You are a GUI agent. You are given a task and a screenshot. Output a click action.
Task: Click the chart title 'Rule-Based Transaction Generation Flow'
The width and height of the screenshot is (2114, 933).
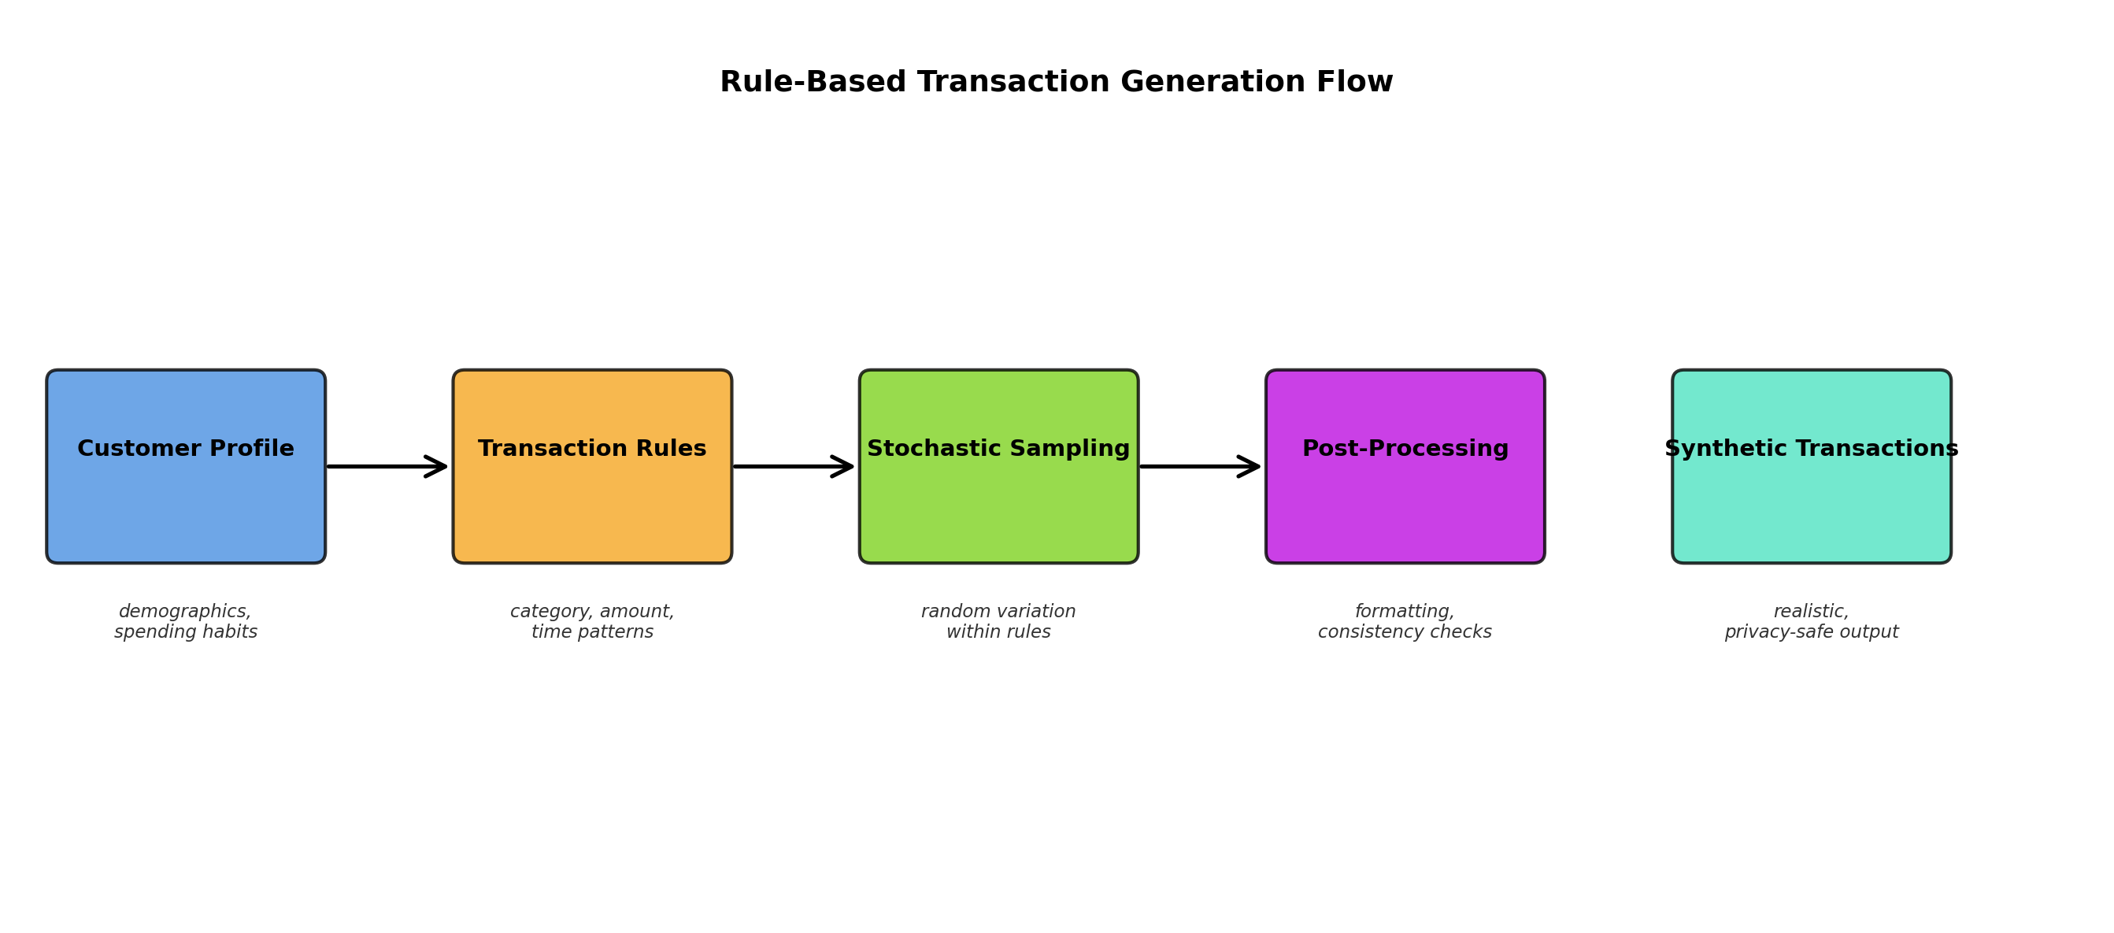point(1056,82)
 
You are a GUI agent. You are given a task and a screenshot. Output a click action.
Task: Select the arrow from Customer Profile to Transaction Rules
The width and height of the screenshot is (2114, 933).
point(386,466)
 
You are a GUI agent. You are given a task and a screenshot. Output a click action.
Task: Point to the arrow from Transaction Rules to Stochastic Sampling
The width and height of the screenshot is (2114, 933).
point(792,466)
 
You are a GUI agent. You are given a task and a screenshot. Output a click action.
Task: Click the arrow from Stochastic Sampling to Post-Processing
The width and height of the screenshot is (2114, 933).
point(1198,466)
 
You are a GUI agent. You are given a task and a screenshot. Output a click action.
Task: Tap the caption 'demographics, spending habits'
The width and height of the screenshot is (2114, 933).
point(186,621)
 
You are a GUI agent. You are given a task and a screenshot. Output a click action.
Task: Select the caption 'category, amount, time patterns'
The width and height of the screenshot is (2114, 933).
point(592,621)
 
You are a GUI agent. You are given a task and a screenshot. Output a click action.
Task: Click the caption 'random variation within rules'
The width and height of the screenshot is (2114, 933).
point(998,621)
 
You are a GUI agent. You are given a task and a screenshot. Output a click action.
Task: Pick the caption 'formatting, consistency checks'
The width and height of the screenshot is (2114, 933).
point(1404,621)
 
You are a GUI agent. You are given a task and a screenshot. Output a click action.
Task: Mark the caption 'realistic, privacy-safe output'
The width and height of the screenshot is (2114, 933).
point(1811,621)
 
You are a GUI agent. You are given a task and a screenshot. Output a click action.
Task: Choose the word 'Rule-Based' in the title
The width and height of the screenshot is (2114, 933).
point(813,82)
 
